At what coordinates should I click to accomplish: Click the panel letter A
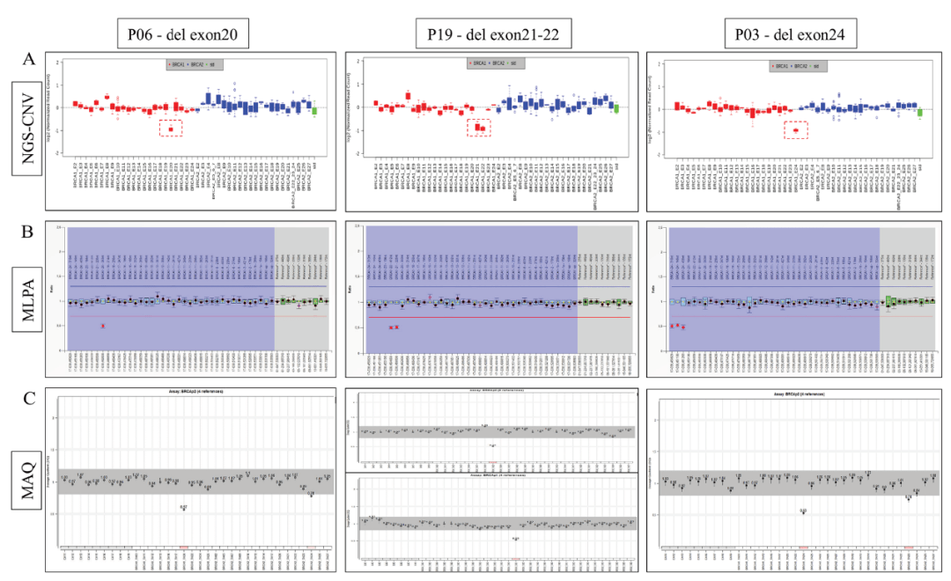tap(29, 59)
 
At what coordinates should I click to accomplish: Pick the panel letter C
tap(29, 398)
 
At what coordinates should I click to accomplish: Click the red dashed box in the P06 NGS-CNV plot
tap(171, 129)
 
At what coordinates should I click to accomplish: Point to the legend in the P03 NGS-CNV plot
tap(795, 66)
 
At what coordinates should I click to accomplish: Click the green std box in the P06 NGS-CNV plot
tap(314, 108)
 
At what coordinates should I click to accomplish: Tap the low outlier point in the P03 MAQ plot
tap(803, 511)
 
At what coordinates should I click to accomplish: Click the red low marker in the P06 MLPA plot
tap(103, 326)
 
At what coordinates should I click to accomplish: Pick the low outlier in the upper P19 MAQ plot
tap(493, 445)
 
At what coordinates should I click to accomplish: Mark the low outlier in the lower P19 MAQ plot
tap(515, 539)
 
